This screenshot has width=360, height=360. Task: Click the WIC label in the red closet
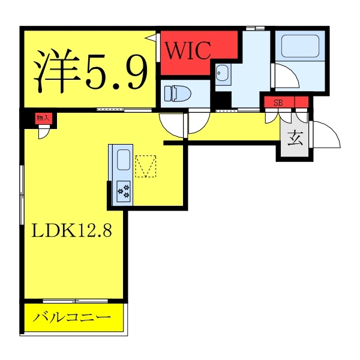188,50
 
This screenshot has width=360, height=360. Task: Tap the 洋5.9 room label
91,71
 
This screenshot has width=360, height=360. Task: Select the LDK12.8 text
71,230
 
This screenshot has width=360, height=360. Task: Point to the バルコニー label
72,317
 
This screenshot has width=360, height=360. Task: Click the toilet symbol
178,94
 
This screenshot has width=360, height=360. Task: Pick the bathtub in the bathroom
300,46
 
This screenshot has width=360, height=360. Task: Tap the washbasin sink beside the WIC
222,73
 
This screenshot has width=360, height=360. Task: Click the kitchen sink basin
124,160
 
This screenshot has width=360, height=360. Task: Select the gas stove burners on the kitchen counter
124,191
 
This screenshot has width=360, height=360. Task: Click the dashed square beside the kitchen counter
146,166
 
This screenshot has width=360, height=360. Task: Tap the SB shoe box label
278,103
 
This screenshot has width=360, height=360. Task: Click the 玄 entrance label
295,138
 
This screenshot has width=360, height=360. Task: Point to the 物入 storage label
43,118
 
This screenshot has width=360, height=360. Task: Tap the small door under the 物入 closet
44,132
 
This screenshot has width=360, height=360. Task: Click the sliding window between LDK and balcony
76,301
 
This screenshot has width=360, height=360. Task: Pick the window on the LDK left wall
22,194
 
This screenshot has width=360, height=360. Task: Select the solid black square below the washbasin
223,100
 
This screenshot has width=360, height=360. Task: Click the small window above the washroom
255,28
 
